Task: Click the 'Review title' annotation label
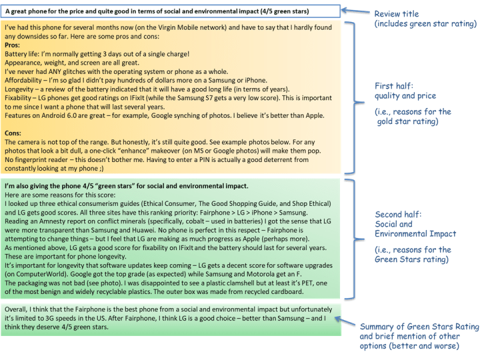[x=398, y=14]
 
